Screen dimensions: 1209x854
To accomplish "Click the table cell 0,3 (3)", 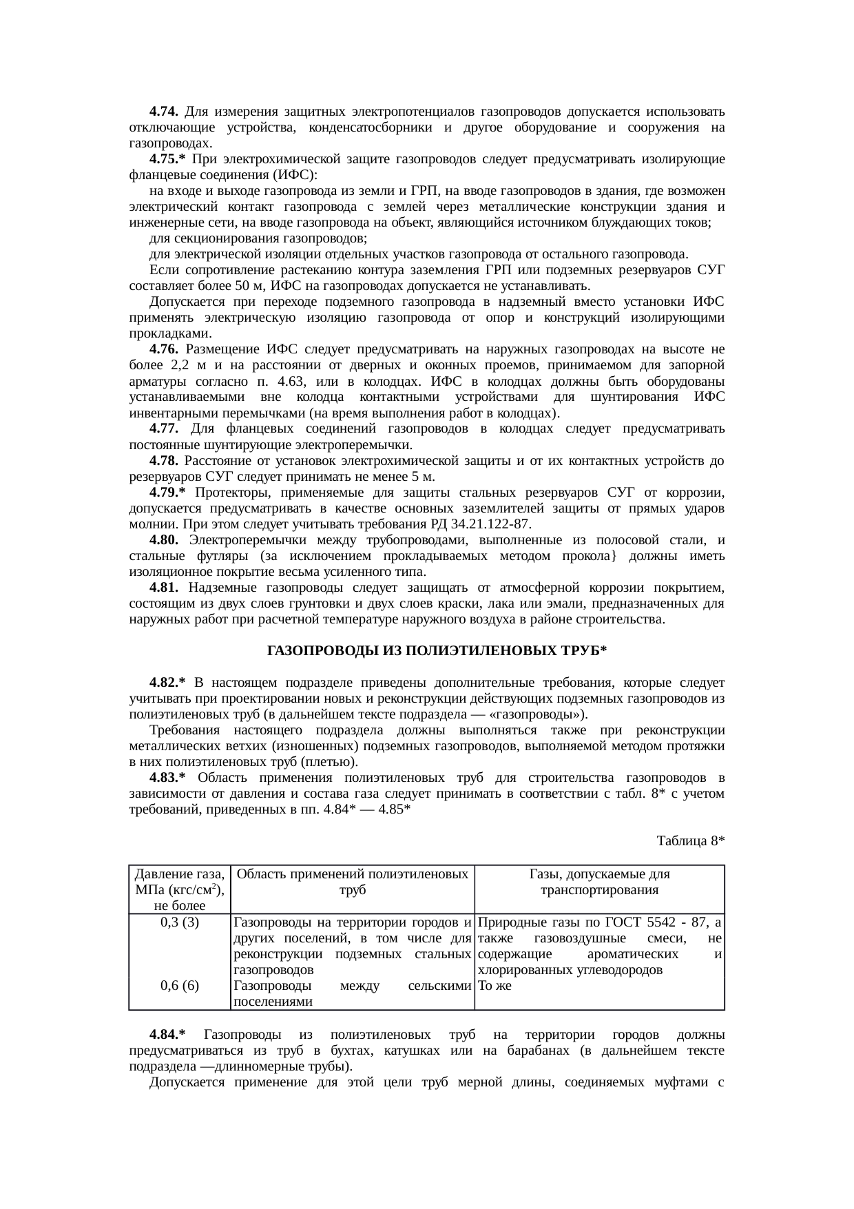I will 179,923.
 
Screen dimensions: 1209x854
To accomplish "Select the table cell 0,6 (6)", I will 179,986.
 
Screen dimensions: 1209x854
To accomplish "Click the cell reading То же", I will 494,986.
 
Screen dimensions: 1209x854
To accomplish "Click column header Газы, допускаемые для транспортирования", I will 599,882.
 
